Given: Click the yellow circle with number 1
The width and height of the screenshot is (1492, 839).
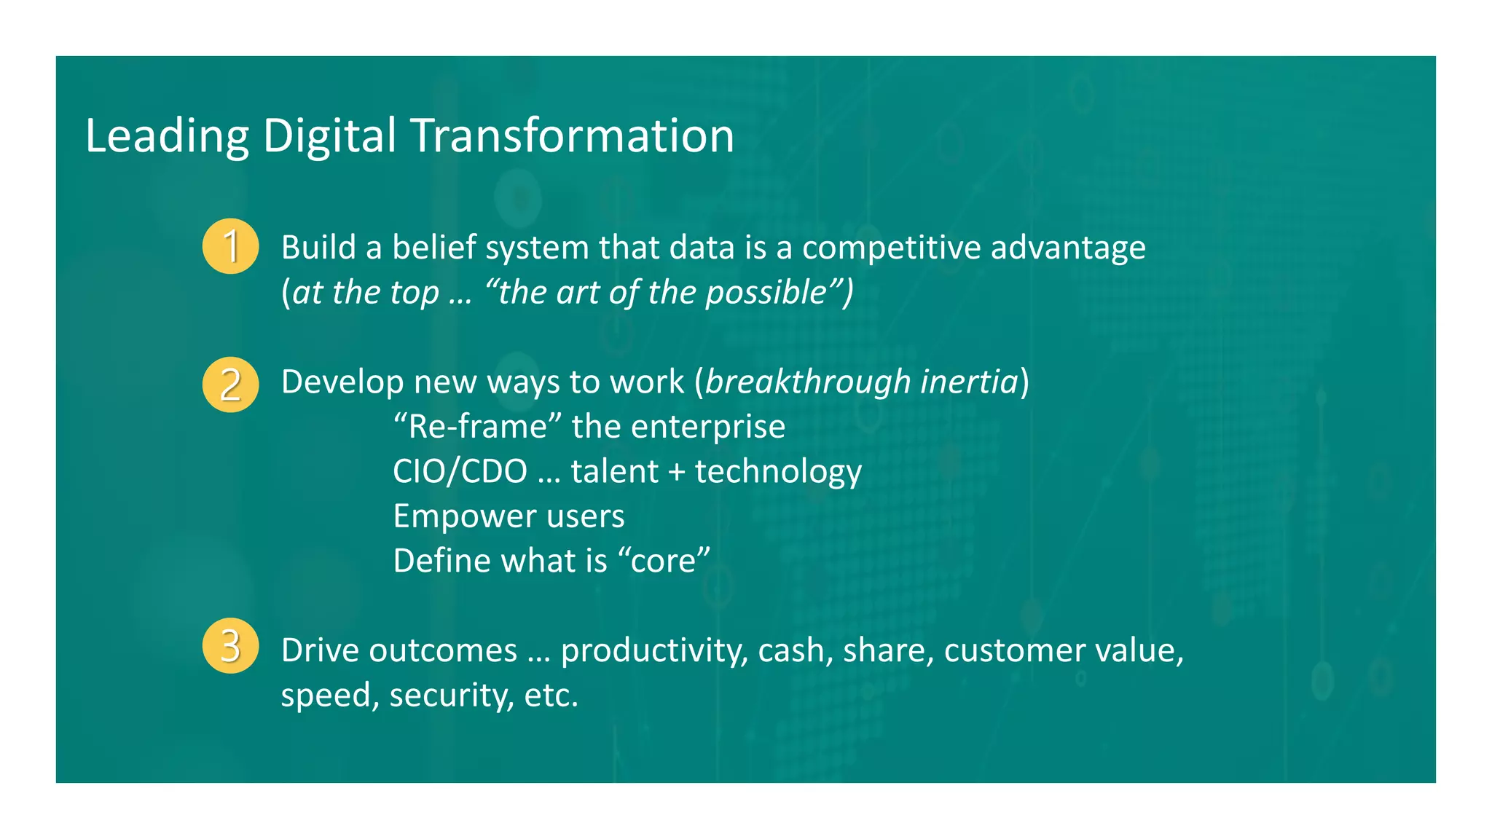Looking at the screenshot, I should point(230,246).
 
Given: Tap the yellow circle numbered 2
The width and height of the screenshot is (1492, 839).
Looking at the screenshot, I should point(230,385).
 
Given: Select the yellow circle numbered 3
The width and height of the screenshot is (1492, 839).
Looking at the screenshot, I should point(230,646).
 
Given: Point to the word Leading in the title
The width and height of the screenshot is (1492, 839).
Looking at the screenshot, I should point(168,137).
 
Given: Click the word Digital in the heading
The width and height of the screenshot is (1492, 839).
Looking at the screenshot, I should point(329,137).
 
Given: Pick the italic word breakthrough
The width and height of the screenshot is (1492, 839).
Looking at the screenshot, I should point(808,382).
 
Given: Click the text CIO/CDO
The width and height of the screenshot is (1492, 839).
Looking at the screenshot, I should point(460,472).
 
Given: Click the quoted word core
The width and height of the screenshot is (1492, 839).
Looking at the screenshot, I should point(663,562).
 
